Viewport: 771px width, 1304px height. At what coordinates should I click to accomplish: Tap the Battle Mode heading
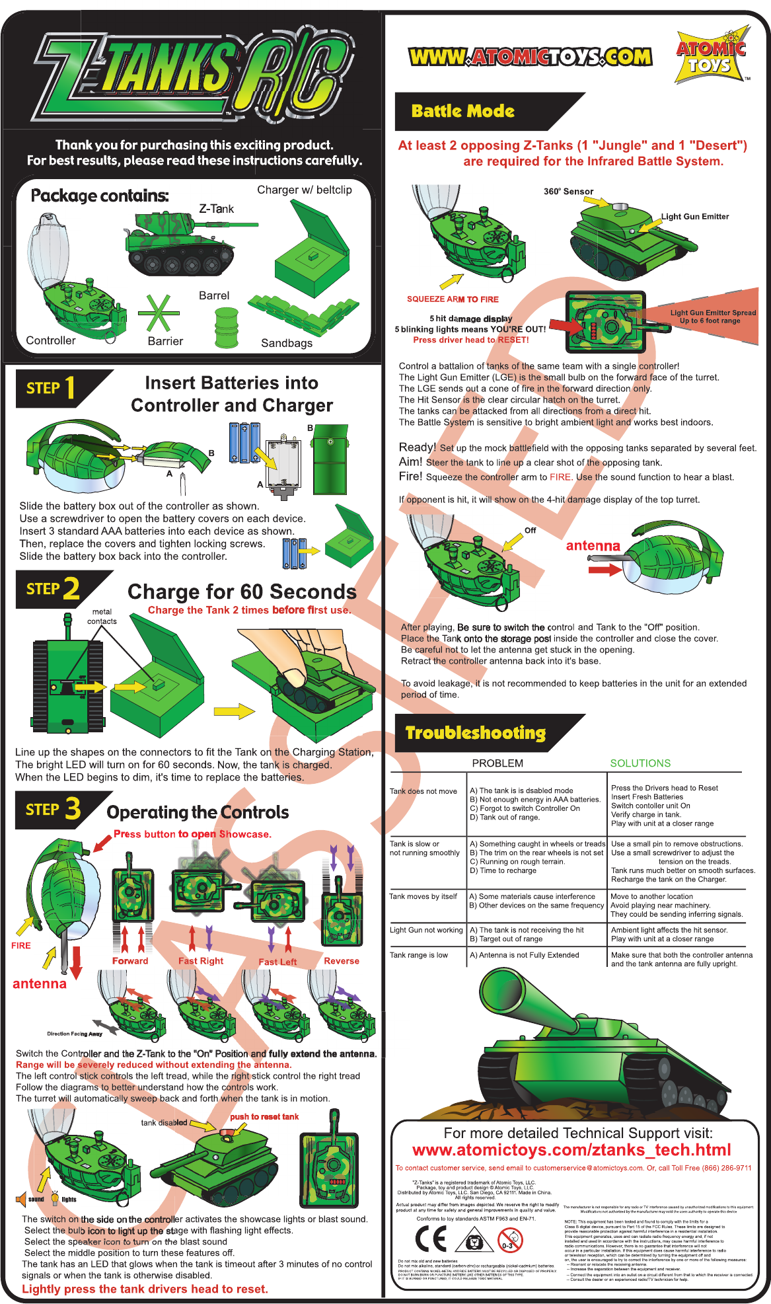pyautogui.click(x=462, y=111)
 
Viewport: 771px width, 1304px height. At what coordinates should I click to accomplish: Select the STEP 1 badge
pyautogui.click(x=51, y=388)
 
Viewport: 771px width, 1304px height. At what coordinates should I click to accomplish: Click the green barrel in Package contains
pyautogui.click(x=227, y=326)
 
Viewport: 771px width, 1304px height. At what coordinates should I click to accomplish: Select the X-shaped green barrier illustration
pyautogui.click(x=158, y=313)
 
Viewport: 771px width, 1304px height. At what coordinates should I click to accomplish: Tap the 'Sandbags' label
pyautogui.click(x=287, y=343)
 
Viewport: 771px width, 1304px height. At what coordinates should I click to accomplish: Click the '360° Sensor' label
pyautogui.click(x=568, y=192)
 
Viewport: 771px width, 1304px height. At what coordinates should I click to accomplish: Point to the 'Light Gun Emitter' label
pyautogui.click(x=695, y=217)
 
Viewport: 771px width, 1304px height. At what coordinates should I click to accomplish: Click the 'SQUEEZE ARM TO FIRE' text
pyautogui.click(x=453, y=299)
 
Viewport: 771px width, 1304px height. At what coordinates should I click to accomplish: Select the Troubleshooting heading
pyautogui.click(x=476, y=733)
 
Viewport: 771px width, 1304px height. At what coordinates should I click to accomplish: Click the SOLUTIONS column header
pyautogui.click(x=640, y=763)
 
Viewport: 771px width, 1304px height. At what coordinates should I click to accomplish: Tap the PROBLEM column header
pyautogui.click(x=497, y=763)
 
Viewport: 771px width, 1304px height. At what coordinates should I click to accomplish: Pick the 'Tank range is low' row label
pyautogui.click(x=419, y=955)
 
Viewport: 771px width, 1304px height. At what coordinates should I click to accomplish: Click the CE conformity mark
pyautogui.click(x=431, y=1240)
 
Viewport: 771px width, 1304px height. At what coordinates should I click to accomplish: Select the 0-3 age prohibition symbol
pyautogui.click(x=509, y=1241)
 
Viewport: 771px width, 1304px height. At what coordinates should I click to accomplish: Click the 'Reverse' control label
pyautogui.click(x=342, y=961)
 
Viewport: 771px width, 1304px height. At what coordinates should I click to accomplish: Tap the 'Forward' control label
pyautogui.click(x=130, y=961)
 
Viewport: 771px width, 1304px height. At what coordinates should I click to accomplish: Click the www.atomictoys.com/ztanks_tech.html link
pyautogui.click(x=571, y=1150)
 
